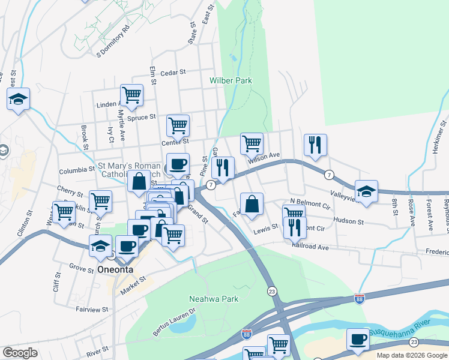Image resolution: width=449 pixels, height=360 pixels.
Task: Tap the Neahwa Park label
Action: pos(214,299)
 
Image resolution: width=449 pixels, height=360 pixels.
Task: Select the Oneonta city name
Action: pos(116,270)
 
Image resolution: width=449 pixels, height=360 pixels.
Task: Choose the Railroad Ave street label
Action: pos(311,247)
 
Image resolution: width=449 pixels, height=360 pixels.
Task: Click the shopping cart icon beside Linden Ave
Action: pos(131,94)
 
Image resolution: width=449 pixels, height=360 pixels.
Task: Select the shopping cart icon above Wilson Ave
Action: pos(252,143)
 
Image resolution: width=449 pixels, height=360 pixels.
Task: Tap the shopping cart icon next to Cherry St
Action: pos(100,201)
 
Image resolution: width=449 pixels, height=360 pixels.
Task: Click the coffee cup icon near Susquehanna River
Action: pos(358,340)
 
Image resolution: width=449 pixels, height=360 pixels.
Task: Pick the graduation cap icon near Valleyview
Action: pos(366,191)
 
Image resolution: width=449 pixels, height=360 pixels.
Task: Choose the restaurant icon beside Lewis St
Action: pos(294,227)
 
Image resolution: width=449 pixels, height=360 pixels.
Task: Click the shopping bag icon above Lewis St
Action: pos(252,203)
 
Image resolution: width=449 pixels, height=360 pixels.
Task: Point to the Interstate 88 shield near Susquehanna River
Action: pos(359,299)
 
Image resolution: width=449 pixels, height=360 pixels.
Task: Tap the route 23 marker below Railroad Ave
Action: pos(272,290)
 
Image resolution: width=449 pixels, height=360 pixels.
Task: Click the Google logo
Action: pos(20,353)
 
